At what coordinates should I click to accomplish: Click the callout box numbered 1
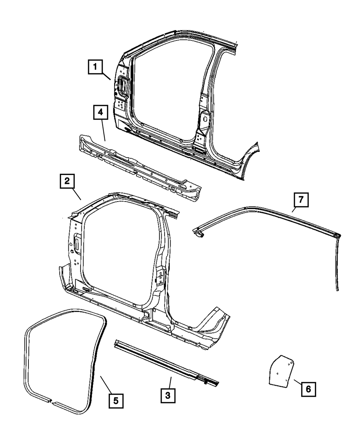[x=95, y=67]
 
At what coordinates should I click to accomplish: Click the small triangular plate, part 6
[x=281, y=370]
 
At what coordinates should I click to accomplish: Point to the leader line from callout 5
[x=106, y=384]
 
